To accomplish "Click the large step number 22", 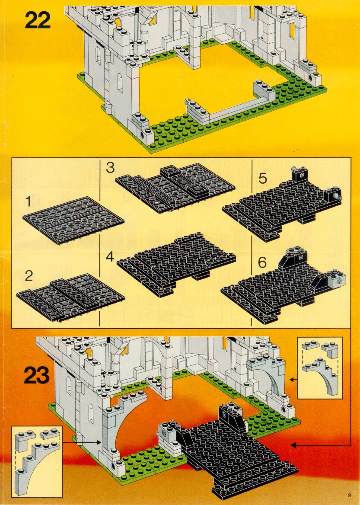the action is (x=38, y=21).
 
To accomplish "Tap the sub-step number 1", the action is (x=29, y=202).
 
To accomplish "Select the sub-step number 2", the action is (x=29, y=276).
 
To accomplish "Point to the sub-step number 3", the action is (x=110, y=168).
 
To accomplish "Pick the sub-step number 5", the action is (x=262, y=178).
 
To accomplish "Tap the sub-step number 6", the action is (x=262, y=263).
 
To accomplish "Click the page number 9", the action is (x=349, y=495).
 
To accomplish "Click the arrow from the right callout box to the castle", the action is (x=293, y=380).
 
